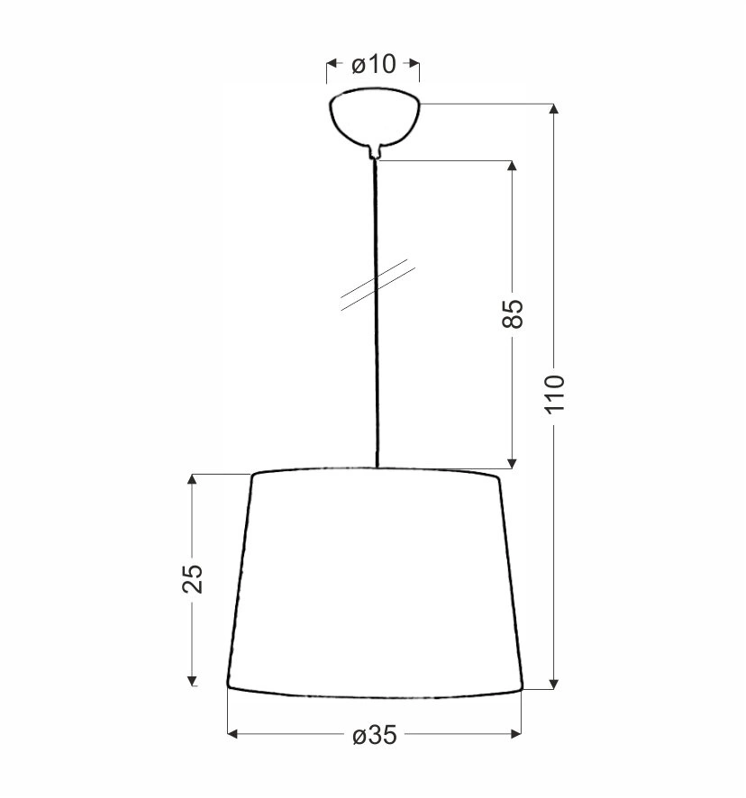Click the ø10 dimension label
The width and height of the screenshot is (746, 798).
click(373, 64)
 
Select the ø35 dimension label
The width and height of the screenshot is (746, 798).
click(375, 735)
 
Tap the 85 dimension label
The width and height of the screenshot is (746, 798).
click(513, 313)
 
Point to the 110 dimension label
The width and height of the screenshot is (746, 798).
click(554, 394)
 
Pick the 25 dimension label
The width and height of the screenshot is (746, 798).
click(193, 578)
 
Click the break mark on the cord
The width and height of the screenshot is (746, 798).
click(378, 285)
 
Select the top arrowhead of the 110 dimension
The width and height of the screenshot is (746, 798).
click(554, 108)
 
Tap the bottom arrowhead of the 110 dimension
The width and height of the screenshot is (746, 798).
click(554, 684)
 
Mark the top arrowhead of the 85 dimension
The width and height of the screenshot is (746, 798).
click(513, 166)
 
